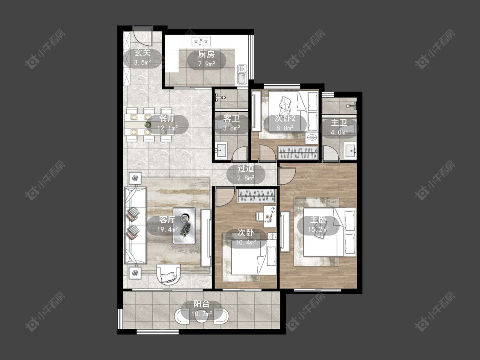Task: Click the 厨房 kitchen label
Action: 207,55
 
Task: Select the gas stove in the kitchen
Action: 201,41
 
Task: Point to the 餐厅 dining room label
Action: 167,119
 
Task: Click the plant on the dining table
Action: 148,124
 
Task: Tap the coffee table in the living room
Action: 184,226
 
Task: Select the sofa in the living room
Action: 135,226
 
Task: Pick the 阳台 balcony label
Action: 201,304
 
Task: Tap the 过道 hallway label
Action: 246,168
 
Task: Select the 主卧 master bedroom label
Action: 318,220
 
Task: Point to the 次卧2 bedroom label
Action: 285,119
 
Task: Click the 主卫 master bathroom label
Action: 339,123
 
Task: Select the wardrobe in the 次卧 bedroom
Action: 256,196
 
